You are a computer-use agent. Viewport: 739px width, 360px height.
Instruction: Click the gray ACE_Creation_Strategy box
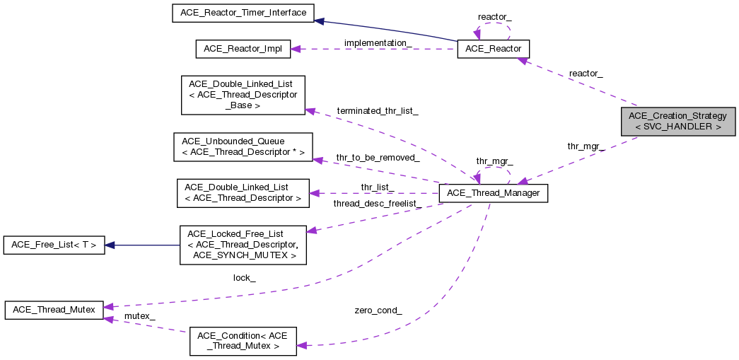[x=677, y=121]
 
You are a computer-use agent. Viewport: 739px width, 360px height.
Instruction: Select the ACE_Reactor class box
[x=494, y=49]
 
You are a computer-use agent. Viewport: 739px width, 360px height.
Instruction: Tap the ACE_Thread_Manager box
[x=494, y=193]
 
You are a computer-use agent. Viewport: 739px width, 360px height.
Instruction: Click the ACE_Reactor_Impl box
[x=243, y=49]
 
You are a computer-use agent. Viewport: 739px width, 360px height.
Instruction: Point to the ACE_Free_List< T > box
[x=54, y=245]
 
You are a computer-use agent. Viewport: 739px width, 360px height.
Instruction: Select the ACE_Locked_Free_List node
[x=243, y=245]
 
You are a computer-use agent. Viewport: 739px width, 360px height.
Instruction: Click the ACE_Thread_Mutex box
[x=54, y=309]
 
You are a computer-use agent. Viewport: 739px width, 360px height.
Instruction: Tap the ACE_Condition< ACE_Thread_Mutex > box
[x=243, y=340]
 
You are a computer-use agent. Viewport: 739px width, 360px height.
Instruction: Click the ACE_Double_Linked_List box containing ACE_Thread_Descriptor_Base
[x=243, y=95]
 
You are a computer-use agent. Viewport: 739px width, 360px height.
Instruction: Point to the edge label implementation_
[x=378, y=43]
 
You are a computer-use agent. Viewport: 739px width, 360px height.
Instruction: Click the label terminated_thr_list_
[x=378, y=111]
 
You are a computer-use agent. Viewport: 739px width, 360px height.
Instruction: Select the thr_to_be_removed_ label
[x=378, y=157]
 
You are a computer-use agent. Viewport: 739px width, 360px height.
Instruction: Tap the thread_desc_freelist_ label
[x=378, y=204]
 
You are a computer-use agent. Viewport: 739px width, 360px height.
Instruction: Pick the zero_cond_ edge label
[x=378, y=310]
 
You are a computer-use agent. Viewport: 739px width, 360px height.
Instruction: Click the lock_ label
[x=244, y=278]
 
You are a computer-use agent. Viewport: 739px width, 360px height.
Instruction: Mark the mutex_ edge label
[x=139, y=315]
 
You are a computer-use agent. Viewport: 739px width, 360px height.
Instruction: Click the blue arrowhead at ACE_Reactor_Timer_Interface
[x=320, y=21]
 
